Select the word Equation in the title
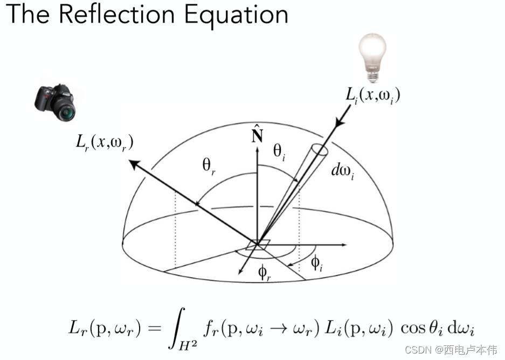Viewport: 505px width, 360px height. point(236,16)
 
